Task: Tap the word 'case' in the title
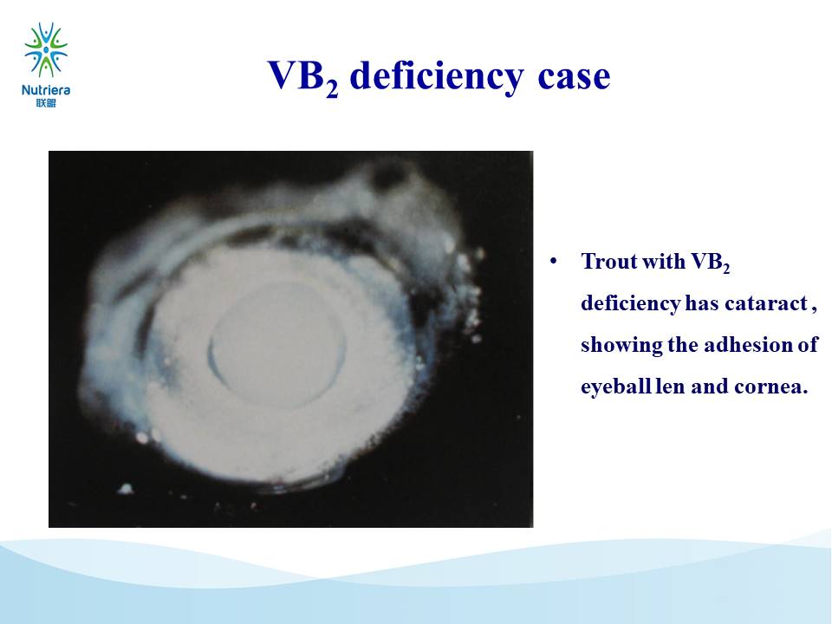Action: coord(574,77)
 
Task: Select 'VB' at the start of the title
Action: coord(296,75)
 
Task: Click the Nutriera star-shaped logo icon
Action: coord(46,50)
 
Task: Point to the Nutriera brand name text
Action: coord(46,90)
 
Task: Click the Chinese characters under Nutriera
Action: coord(46,103)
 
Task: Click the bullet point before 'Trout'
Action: coord(554,261)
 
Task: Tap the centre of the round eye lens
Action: coord(276,344)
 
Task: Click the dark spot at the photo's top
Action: coord(390,174)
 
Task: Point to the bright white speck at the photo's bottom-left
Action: coord(125,488)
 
